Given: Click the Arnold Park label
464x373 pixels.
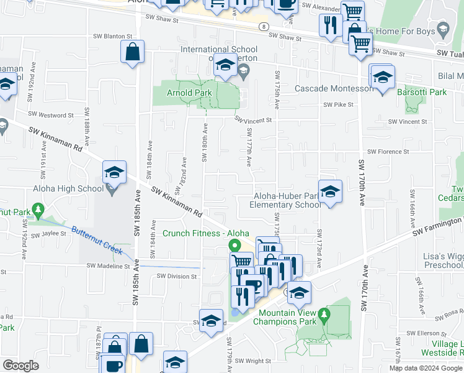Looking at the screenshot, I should point(189,93).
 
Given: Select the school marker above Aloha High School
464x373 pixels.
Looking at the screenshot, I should point(114,173).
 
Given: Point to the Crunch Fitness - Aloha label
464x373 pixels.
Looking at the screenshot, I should point(201,233).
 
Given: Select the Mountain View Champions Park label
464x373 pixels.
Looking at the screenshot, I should point(287,317).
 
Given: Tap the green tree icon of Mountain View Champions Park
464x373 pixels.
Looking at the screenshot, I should point(323,318).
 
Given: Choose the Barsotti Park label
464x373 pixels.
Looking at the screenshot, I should point(421,92).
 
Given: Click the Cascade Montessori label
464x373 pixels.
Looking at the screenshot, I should point(334,89).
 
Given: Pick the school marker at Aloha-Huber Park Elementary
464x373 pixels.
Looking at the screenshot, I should point(330,191).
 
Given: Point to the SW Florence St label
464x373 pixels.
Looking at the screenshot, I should point(388,151).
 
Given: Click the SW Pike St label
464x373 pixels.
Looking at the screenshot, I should point(338,104).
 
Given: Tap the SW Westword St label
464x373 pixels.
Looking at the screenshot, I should point(51,115).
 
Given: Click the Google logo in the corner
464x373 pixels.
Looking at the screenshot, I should point(20,366).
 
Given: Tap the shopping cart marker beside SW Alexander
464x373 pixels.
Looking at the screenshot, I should point(352,11).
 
